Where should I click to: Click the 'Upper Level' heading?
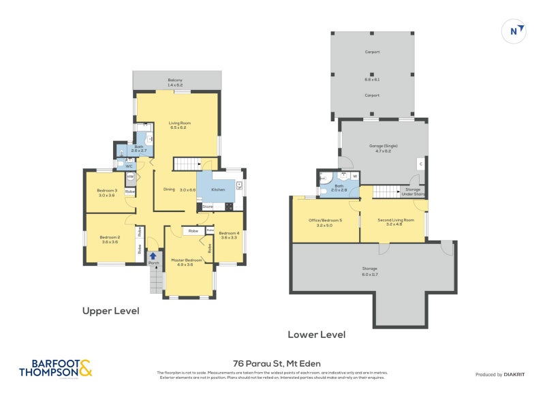(x=110, y=311)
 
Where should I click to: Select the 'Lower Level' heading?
(x=316, y=335)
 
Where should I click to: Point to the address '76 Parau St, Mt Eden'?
(x=277, y=363)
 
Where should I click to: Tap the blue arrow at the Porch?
(x=153, y=256)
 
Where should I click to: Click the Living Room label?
(x=178, y=123)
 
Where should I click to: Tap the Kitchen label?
(x=218, y=189)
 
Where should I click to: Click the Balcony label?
(x=176, y=80)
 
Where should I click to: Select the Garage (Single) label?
(x=384, y=146)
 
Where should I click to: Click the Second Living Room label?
(x=396, y=220)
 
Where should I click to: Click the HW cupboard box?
(x=130, y=177)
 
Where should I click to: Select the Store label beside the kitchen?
(x=207, y=206)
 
